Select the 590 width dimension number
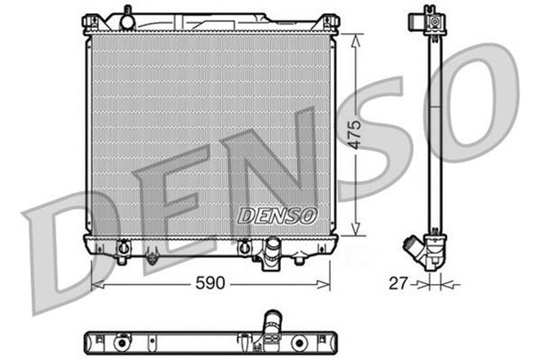coord(210,283)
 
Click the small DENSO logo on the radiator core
coord(276,216)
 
